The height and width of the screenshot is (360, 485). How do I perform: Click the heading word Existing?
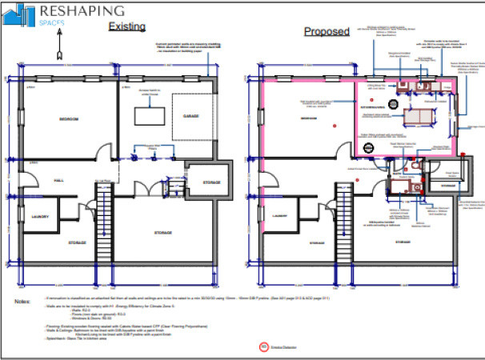click(126, 26)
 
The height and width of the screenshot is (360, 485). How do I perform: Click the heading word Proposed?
click(326, 32)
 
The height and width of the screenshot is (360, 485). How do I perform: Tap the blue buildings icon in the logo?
click(25, 14)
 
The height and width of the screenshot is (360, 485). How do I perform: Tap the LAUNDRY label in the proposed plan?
click(283, 216)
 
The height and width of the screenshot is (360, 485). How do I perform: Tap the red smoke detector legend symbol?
click(263, 347)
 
